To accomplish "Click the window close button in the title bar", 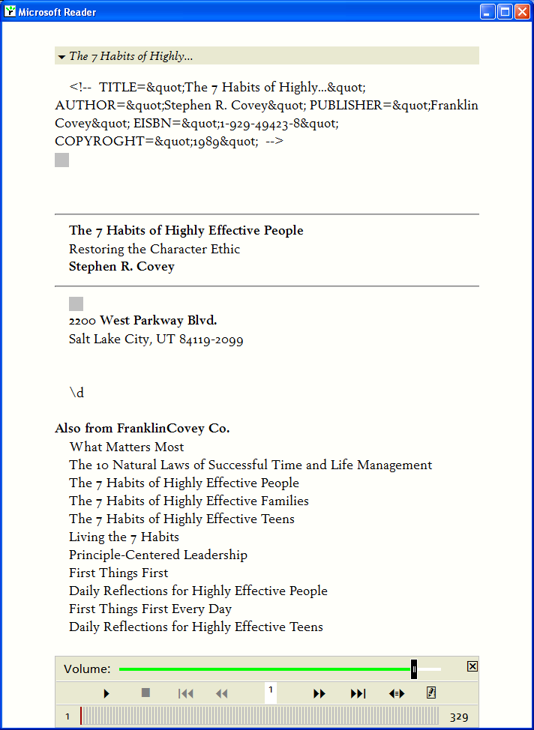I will pyautogui.click(x=521, y=12).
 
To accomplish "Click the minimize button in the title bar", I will pyautogui.click(x=488, y=12).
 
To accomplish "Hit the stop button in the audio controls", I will pyautogui.click(x=145, y=693).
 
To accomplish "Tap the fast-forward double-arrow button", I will pyautogui.click(x=319, y=693).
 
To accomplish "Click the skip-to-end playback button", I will pyautogui.click(x=358, y=693).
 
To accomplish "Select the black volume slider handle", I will pyautogui.click(x=414, y=669).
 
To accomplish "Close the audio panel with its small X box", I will pyautogui.click(x=472, y=666).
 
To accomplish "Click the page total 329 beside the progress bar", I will pyautogui.click(x=459, y=717).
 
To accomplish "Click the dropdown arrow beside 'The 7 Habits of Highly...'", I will pyautogui.click(x=61, y=56).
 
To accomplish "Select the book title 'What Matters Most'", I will pyautogui.click(x=127, y=447).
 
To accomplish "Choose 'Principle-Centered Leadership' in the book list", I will pyautogui.click(x=158, y=555).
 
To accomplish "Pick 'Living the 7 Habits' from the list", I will pyautogui.click(x=124, y=537).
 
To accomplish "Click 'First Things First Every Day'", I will pyautogui.click(x=150, y=609).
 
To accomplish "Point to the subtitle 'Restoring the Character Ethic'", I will pyautogui.click(x=154, y=249).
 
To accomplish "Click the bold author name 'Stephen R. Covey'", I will pyautogui.click(x=121, y=267).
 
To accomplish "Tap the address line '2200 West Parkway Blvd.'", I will pyautogui.click(x=142, y=321).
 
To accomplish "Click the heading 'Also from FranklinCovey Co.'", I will pyautogui.click(x=142, y=429).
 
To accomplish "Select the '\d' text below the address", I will pyautogui.click(x=77, y=393).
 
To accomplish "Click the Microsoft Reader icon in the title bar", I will pyautogui.click(x=10, y=12).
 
